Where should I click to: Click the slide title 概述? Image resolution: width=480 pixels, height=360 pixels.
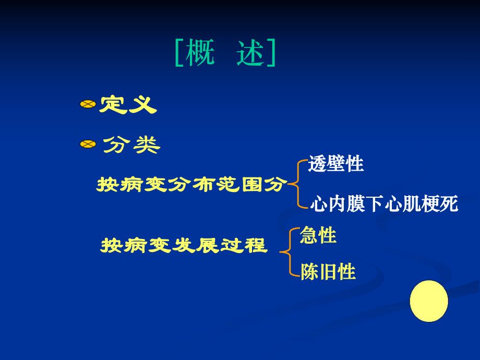point(225,53)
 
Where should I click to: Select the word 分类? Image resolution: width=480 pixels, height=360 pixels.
point(131,145)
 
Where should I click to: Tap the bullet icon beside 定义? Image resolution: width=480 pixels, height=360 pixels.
point(88,105)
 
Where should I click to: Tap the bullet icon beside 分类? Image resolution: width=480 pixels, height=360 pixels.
point(88,145)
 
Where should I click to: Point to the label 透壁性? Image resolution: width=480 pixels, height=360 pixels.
point(335,164)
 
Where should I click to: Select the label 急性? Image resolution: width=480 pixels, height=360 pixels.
point(318,236)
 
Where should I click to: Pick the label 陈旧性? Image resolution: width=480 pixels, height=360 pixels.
point(328,272)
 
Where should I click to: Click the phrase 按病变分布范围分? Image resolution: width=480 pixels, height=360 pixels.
point(192,185)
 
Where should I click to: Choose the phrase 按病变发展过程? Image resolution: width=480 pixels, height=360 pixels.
point(184,245)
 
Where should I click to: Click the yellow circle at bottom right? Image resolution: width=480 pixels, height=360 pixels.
point(429,301)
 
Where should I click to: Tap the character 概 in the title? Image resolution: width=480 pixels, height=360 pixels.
point(200,53)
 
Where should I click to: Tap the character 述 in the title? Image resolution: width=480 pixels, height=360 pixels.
point(250,53)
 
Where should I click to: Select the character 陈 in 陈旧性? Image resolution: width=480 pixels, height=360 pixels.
point(309,272)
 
